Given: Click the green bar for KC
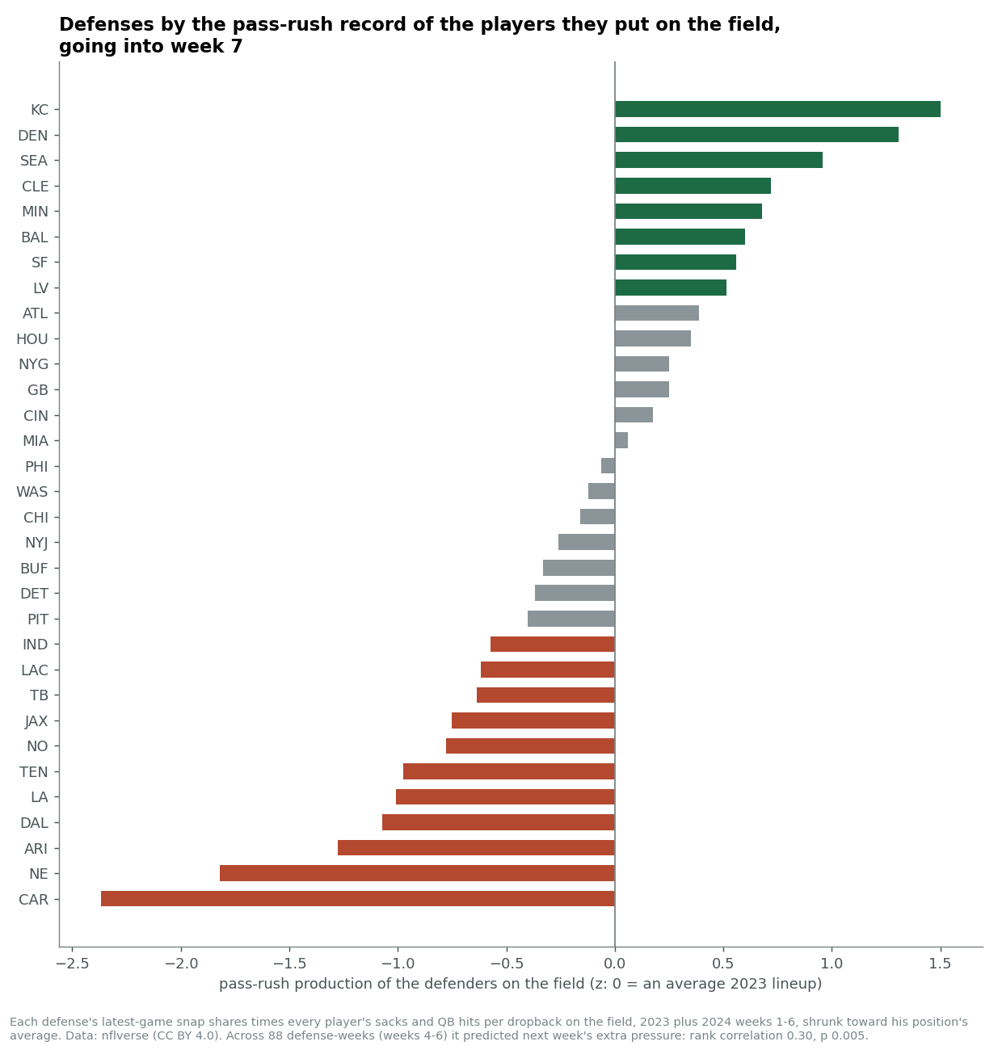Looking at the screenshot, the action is tap(777, 109).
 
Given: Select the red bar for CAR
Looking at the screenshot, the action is tap(358, 899).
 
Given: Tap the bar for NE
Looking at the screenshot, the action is tap(417, 873).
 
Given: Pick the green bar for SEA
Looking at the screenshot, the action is tap(718, 160).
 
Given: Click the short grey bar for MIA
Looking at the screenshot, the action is tap(621, 440).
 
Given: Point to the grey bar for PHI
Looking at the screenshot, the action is tap(608, 466).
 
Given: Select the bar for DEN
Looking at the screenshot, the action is tap(756, 135).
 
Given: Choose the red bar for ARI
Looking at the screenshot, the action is tap(476, 847).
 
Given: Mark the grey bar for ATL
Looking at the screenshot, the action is tap(657, 313).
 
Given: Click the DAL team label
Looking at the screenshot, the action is tap(34, 822).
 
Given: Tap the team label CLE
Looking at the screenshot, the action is tap(35, 187).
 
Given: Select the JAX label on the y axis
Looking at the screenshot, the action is tap(36, 721).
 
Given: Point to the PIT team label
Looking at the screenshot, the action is tap(37, 619).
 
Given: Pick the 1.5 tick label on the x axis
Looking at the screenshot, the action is tap(940, 964).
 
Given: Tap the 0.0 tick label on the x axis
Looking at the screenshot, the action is tap(615, 964).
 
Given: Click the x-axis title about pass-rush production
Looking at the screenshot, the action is tap(520, 984).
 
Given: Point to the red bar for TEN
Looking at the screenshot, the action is tap(509, 771).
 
